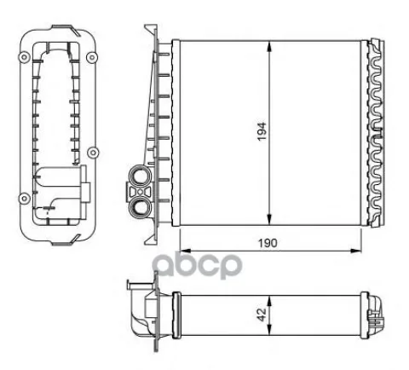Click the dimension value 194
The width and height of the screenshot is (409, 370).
coord(262,131)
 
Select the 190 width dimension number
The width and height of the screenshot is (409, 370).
coord(268,243)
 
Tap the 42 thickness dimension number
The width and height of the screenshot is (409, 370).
coord(262,315)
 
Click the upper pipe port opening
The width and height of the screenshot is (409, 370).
coord(140,176)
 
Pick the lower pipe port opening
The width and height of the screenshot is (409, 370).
coord(140,207)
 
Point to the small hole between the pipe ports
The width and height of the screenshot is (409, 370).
coord(140,192)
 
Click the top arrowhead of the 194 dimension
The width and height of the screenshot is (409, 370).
coord(269,45)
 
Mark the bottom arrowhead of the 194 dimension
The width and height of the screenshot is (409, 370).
coord(269,220)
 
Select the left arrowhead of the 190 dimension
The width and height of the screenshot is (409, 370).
coord(186,251)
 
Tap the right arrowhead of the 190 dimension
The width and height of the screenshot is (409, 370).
coord(356,251)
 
